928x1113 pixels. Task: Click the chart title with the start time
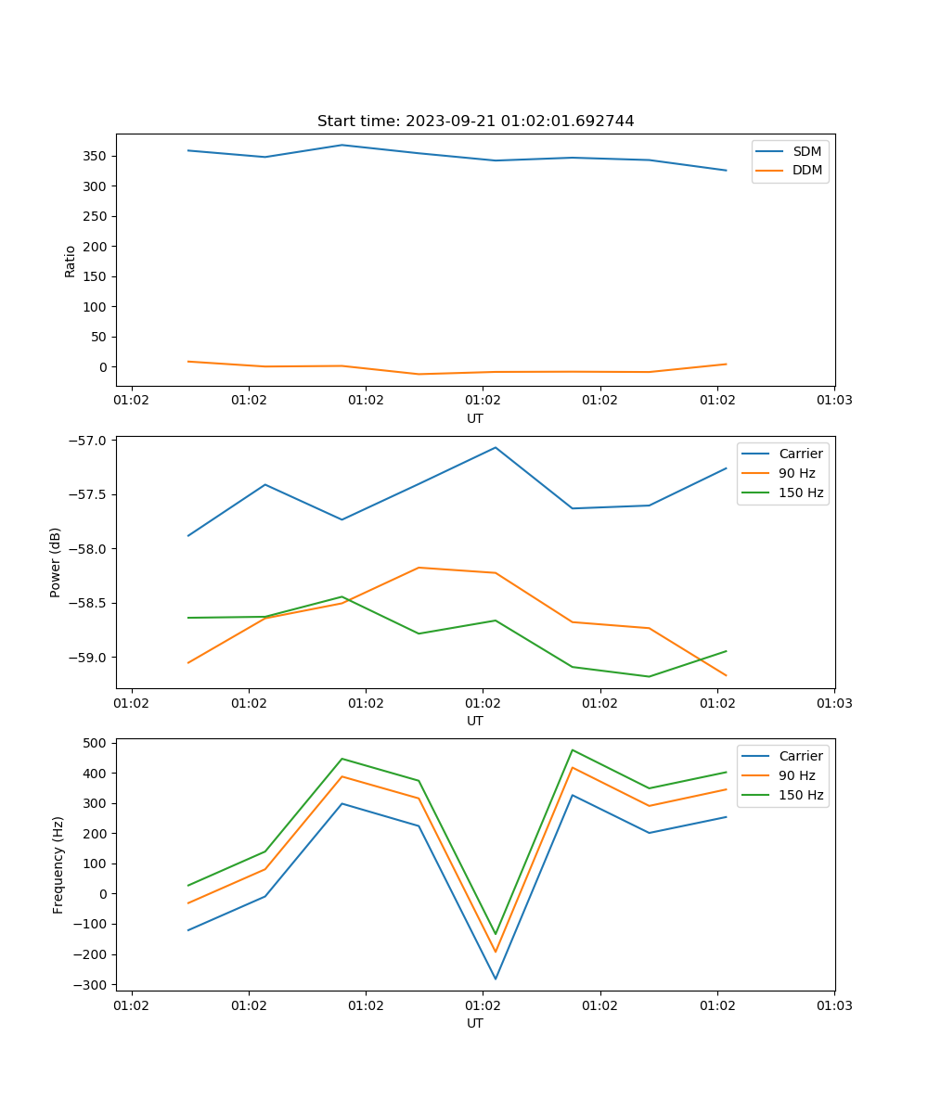[475, 122]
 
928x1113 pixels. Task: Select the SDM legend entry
[806, 151]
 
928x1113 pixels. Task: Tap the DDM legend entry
[806, 170]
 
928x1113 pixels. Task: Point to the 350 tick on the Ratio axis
[96, 156]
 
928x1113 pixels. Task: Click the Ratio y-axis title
[71, 261]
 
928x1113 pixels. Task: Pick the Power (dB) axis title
[56, 562]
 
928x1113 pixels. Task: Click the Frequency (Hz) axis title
[58, 864]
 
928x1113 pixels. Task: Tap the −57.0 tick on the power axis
[88, 441]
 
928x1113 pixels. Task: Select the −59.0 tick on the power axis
[88, 658]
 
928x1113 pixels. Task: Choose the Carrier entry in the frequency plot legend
[800, 756]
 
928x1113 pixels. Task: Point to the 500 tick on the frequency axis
[96, 743]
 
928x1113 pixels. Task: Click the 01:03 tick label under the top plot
[833, 401]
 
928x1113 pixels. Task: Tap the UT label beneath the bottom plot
[475, 1023]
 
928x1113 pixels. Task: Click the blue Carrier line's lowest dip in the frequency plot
[496, 979]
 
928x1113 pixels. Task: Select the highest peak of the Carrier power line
[496, 447]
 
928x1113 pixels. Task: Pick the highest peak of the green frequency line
[573, 749]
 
